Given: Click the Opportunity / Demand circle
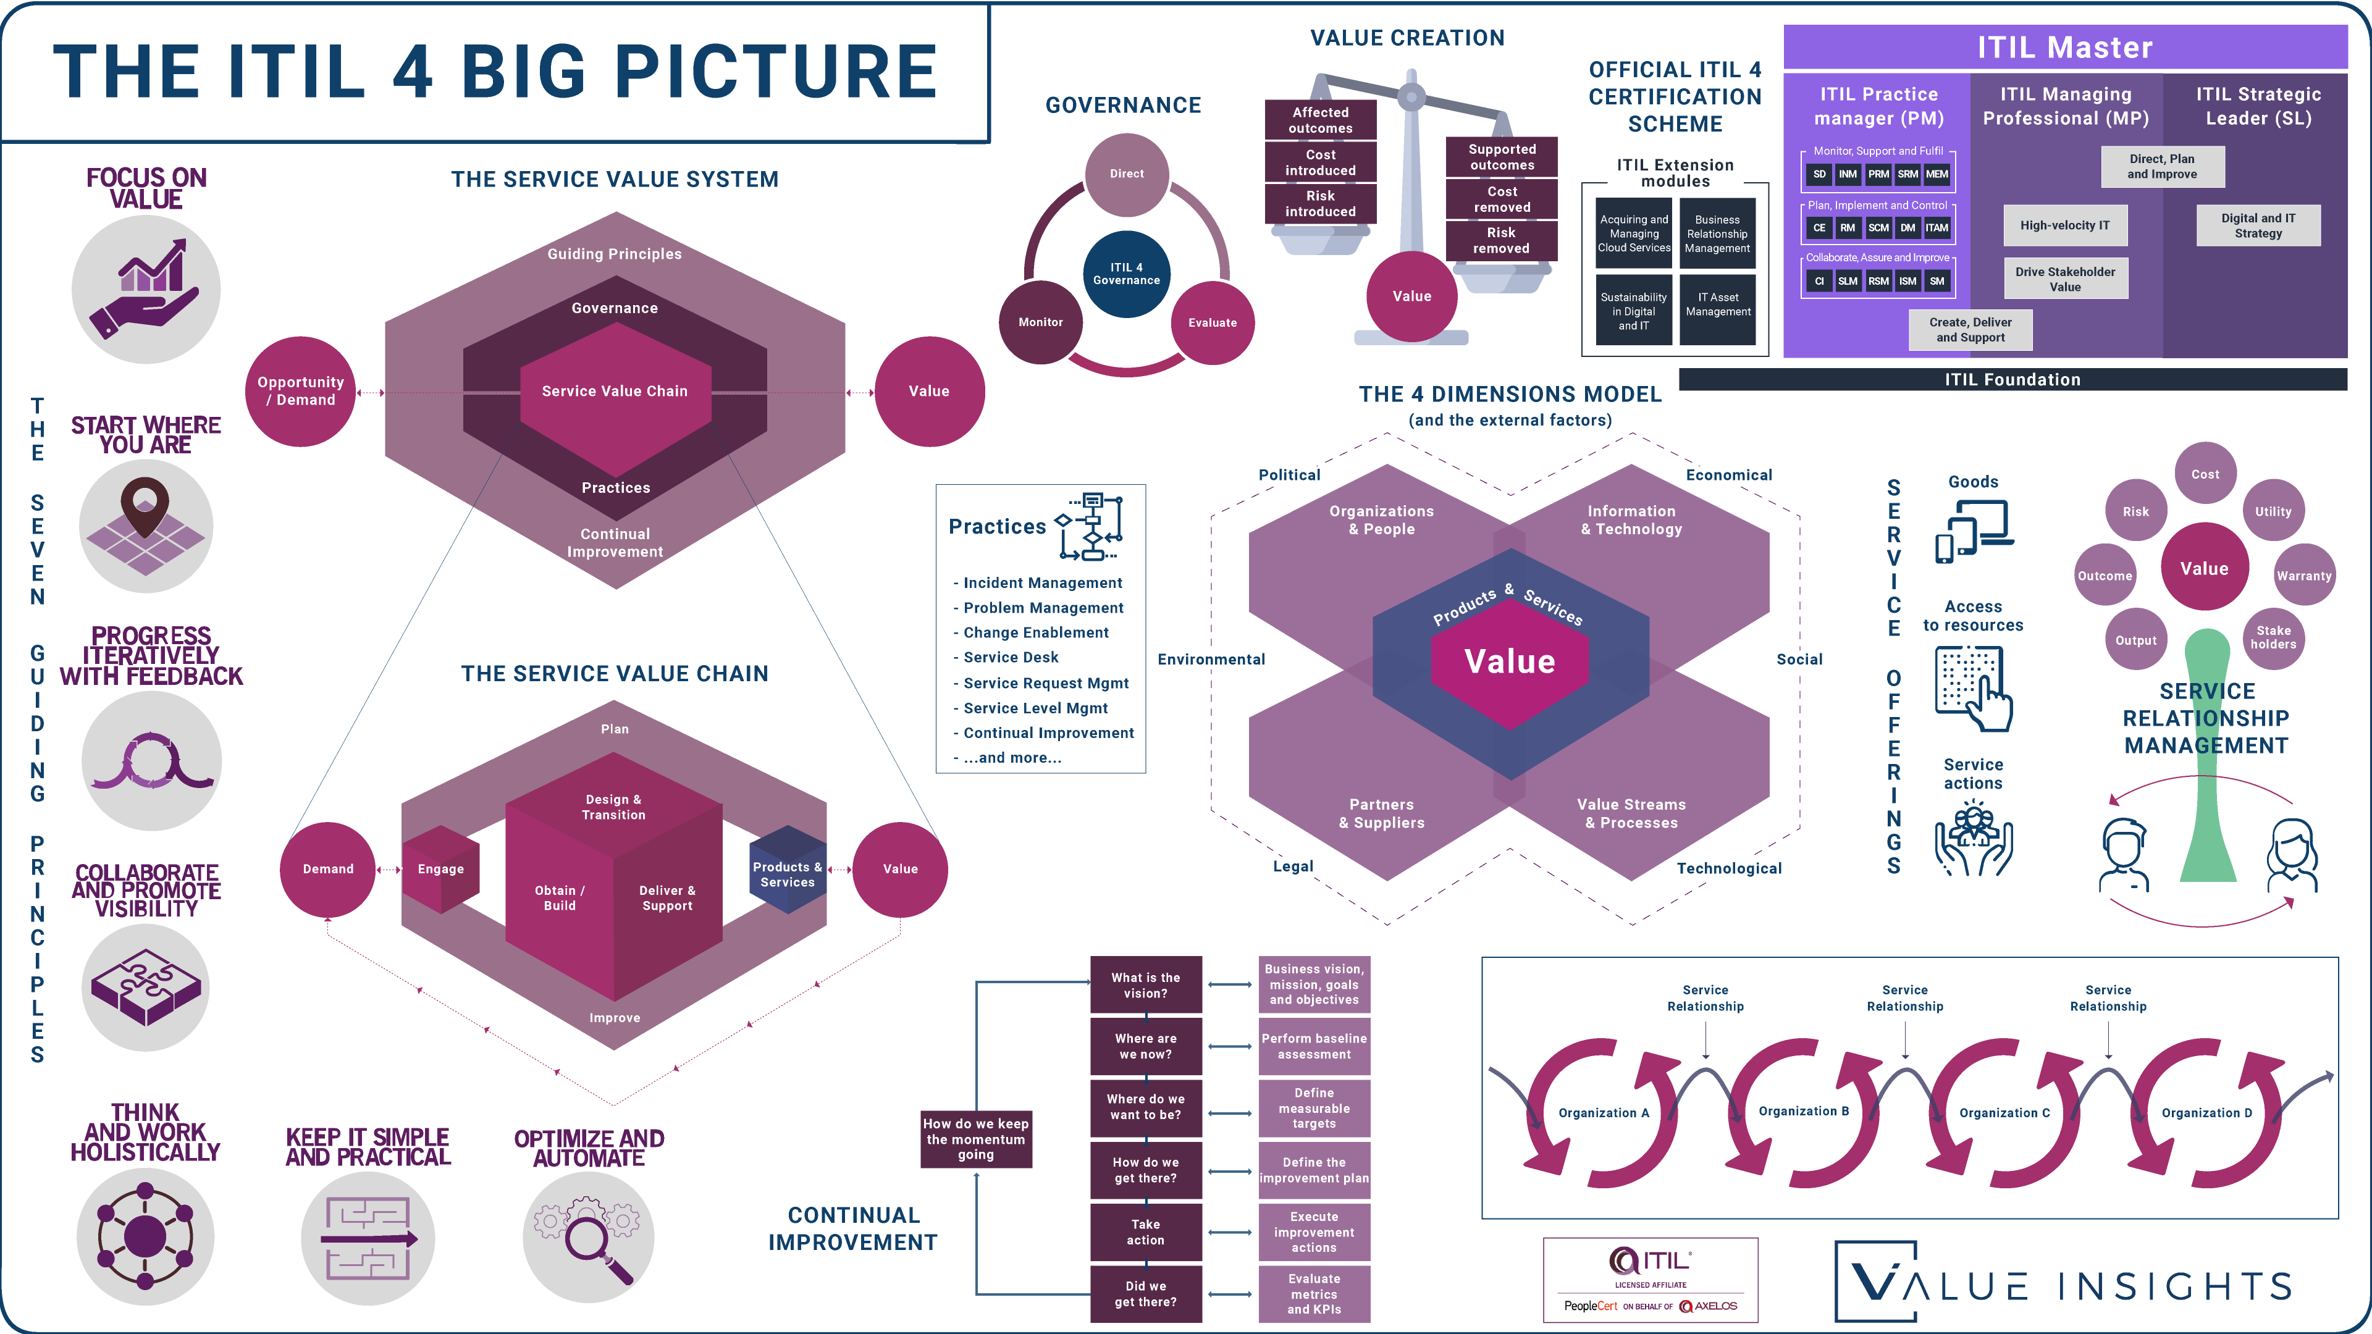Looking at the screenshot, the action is [300, 392].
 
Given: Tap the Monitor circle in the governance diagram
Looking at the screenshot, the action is [1040, 322].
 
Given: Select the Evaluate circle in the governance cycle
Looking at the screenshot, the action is [1213, 322].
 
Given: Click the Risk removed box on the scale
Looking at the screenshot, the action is [1501, 240].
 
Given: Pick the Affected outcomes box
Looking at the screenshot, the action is [1321, 120].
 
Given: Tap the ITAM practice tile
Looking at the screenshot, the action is [1937, 227].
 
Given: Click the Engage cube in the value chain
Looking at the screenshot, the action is [441, 869].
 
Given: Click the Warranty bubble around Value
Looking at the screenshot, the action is [2304, 576].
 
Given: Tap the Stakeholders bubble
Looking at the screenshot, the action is [2273, 637].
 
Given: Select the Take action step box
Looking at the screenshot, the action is [1145, 1232].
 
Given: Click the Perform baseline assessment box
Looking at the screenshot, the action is [1314, 1046].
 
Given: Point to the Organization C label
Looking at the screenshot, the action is [2004, 1113].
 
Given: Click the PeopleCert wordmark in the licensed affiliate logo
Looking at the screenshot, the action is [1590, 1306].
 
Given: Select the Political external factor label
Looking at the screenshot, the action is [1289, 475].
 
